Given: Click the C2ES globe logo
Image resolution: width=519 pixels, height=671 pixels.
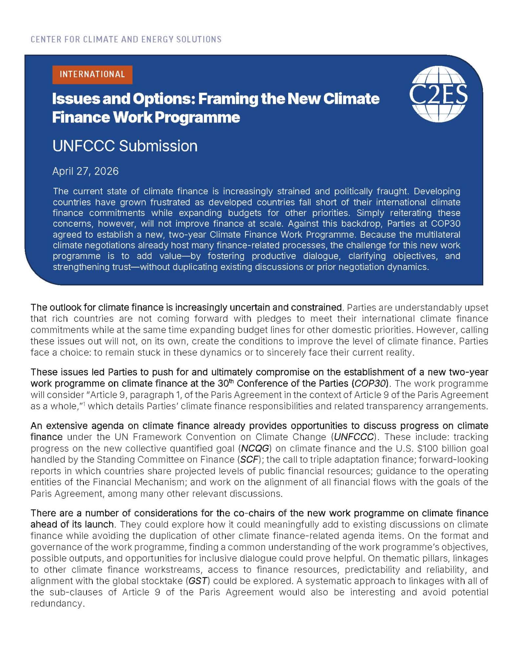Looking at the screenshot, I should (438, 94).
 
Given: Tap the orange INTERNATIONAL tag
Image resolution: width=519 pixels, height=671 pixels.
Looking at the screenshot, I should (92, 74).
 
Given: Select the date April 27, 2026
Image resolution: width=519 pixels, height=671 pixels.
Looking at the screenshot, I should (85, 171).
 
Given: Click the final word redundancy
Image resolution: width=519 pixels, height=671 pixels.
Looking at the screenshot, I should (57, 604).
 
